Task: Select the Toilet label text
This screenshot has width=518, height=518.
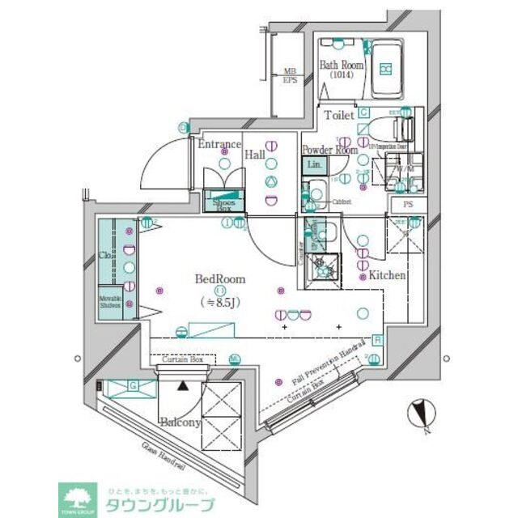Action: point(339,116)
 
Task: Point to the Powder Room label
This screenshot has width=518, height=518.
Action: point(329,150)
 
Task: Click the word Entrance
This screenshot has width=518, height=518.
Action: point(219,146)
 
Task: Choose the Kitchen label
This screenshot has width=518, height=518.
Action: point(387,276)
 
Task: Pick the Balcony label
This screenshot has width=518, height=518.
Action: point(179,422)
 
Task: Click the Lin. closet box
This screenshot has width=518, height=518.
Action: point(315,166)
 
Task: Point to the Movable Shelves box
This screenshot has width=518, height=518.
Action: point(111,303)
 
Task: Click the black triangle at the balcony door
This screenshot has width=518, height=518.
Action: point(184,387)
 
